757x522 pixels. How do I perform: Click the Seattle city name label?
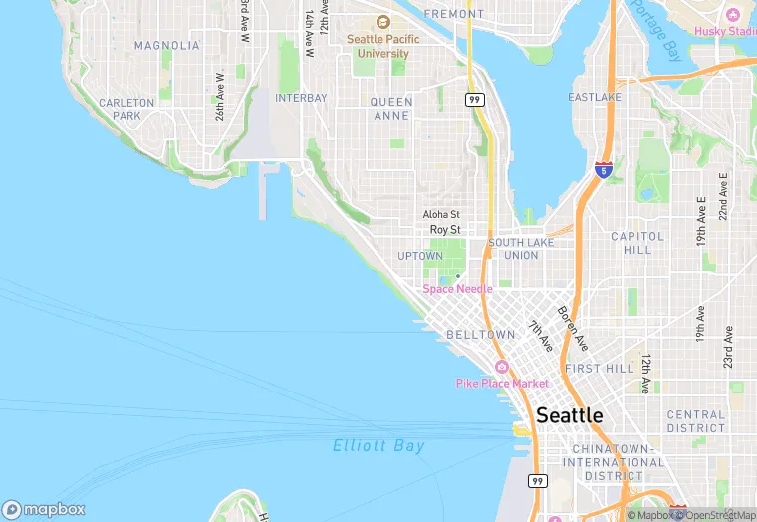[569, 415]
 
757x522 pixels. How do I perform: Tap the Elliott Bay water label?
[378, 446]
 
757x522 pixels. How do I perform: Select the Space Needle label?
[457, 289]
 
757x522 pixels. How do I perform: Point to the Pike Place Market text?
[502, 383]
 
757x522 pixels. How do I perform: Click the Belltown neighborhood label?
[481, 335]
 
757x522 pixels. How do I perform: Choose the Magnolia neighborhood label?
[166, 46]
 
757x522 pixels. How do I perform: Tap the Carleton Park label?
[126, 109]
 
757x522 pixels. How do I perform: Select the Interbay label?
[301, 98]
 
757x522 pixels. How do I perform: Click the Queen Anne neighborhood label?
[390, 109]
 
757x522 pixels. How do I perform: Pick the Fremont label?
[453, 14]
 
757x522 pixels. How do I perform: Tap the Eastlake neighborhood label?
[595, 97]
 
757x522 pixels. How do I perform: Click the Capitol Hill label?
[636, 243]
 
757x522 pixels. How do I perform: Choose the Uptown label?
[419, 256]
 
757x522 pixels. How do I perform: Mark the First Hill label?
[599, 369]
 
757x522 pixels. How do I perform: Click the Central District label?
[696, 421]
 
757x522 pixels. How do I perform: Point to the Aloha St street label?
[441, 214]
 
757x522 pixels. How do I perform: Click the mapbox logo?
[44, 509]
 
